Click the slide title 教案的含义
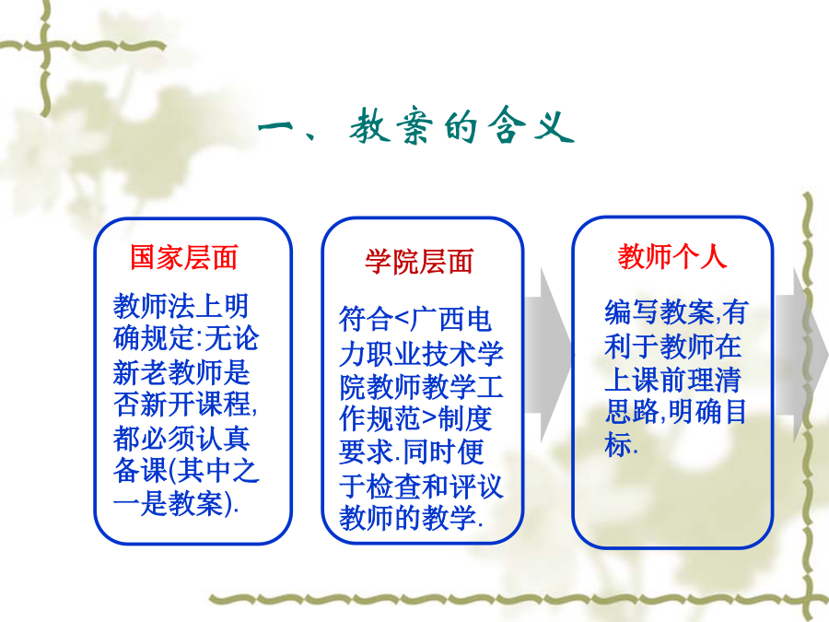pyautogui.click(x=462, y=126)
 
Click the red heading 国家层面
pyautogui.click(x=184, y=258)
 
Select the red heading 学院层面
pyautogui.click(x=419, y=262)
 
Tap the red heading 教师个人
pyautogui.click(x=672, y=256)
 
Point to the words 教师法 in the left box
pyautogui.click(x=155, y=306)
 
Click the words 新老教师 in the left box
pyautogui.click(x=167, y=372)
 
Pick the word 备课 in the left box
pyautogui.click(x=140, y=470)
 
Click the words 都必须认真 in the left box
pyautogui.click(x=181, y=438)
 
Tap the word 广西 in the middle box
pyautogui.click(x=438, y=320)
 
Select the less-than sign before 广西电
pyautogui.click(x=402, y=320)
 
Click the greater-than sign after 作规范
pyautogui.click(x=428, y=419)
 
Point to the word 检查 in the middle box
pyautogui.click(x=394, y=486)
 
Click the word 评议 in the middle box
pyautogui.click(x=476, y=486)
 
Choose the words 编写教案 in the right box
pyautogui.click(x=659, y=311)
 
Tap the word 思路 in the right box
pyautogui.click(x=631, y=411)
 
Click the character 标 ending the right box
pyautogui.click(x=618, y=444)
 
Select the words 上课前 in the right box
pyautogui.click(x=645, y=378)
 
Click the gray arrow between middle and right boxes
pyautogui.click(x=548, y=355)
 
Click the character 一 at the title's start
pyautogui.click(x=275, y=127)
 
